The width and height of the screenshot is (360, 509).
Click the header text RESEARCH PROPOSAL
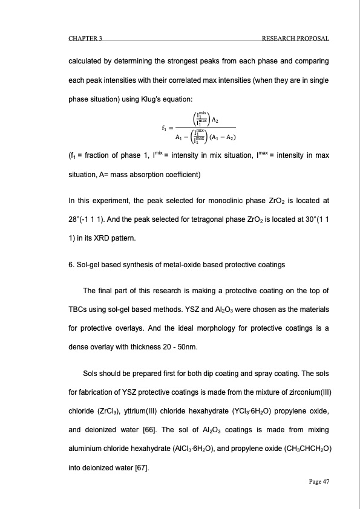coord(295,39)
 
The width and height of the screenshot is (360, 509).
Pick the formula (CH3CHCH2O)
coord(299,449)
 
